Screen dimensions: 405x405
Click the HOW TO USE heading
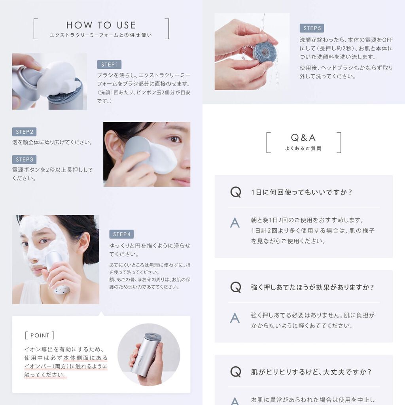pyautogui.click(x=101, y=25)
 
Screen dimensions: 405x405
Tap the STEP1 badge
pyautogui.click(x=109, y=65)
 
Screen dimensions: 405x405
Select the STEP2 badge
pyautogui.click(x=24, y=132)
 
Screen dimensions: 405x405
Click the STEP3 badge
pyautogui.click(x=24, y=160)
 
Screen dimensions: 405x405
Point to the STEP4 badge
pyautogui.click(x=121, y=234)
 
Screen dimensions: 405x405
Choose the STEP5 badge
pyautogui.click(x=312, y=28)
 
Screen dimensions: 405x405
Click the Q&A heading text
pyautogui.click(x=303, y=138)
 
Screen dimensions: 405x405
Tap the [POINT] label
pyautogui.click(x=40, y=335)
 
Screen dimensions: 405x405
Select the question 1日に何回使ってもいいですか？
pyautogui.click(x=301, y=192)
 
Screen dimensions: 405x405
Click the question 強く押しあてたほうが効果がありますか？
pyautogui.click(x=312, y=287)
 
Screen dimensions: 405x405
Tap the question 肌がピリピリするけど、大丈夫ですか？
pyautogui.click(x=311, y=372)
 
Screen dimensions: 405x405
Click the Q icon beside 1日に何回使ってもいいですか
pyautogui.click(x=235, y=192)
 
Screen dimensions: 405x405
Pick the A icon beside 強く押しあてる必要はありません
pyautogui.click(x=235, y=318)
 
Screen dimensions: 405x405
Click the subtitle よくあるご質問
pyautogui.click(x=303, y=149)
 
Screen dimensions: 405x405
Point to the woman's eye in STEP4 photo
pyautogui.click(x=44, y=241)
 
